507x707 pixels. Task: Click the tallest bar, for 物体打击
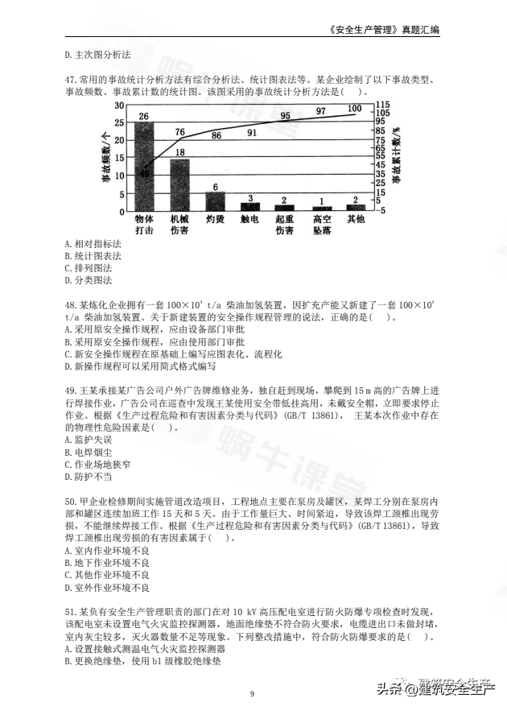click(144, 166)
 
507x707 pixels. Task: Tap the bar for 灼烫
click(215, 201)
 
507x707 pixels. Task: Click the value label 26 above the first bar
click(144, 117)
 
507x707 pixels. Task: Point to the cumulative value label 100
click(355, 109)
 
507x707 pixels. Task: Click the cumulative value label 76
click(179, 131)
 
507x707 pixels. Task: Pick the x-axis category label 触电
click(249, 219)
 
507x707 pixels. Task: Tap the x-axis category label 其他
click(355, 219)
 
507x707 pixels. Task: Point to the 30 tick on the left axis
click(120, 105)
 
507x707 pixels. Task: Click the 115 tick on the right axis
click(382, 105)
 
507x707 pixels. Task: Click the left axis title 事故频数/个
click(105, 158)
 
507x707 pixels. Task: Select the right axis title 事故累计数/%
click(396, 158)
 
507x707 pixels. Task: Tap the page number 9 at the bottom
click(253, 693)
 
